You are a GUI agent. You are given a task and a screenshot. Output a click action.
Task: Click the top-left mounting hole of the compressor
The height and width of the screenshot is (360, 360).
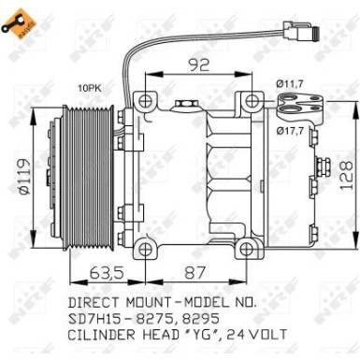[143, 101]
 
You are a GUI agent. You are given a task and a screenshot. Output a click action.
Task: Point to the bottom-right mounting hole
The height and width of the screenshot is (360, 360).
[247, 249]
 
